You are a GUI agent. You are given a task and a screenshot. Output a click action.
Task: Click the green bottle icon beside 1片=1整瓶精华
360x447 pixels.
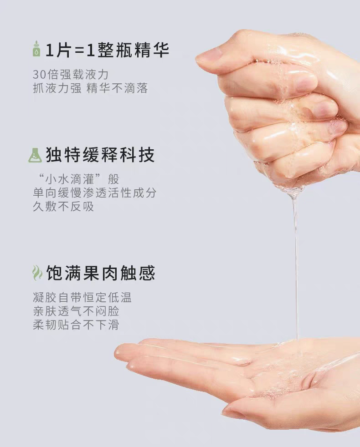point(36,49)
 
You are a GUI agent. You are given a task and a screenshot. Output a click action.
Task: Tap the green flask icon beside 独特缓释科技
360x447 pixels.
point(35,155)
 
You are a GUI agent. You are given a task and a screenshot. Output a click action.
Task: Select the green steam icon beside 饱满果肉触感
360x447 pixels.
point(36,273)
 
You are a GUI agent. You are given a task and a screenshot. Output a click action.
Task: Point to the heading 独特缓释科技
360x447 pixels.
point(100,155)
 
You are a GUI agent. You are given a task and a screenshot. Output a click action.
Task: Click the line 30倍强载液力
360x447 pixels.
point(71,75)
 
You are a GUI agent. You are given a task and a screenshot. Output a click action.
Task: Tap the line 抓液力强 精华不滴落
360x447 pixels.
point(90,88)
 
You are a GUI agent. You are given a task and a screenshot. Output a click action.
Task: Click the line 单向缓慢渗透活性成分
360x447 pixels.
point(94,193)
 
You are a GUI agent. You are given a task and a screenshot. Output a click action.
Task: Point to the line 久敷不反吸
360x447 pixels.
point(63,206)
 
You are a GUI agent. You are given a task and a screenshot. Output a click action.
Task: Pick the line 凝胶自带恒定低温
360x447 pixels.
point(82,298)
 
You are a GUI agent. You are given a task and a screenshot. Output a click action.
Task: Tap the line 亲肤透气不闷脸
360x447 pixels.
point(76,311)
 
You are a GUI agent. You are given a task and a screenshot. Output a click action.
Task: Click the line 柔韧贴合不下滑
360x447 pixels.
point(76,325)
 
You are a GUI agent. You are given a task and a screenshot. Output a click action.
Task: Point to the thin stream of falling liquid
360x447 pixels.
point(296,265)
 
